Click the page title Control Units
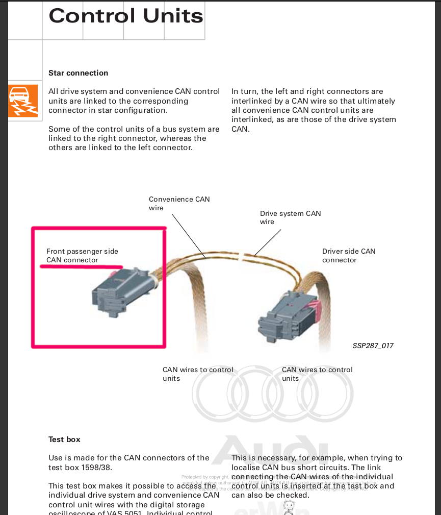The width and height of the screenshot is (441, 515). pos(125,16)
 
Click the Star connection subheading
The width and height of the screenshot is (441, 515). pos(78,73)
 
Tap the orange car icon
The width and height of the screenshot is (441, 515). pos(23,101)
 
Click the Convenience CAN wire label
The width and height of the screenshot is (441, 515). pos(179,203)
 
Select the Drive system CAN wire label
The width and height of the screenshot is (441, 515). pos(290,217)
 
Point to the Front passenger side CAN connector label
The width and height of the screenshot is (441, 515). pos(82,255)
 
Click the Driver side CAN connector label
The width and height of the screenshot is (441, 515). pos(348,255)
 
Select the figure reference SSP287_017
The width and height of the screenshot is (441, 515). pos(373,346)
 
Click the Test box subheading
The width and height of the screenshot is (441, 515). pos(64,439)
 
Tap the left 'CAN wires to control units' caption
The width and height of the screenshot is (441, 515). pos(198,374)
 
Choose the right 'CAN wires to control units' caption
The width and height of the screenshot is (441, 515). pos(317,374)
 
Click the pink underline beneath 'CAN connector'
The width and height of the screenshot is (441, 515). pos(82,266)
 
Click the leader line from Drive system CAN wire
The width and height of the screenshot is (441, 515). pos(268,242)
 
